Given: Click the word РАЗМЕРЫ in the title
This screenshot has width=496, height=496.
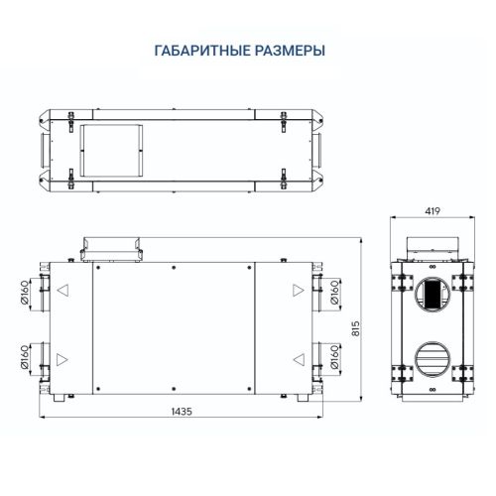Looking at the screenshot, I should coord(292,50).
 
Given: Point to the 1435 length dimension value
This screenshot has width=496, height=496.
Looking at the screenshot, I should coord(183,410).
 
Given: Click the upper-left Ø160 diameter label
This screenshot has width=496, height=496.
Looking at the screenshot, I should coord(25,294).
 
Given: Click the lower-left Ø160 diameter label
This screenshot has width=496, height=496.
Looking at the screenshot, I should coord(25,359).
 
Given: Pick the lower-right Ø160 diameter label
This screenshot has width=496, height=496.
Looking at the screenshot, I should coord(335,359).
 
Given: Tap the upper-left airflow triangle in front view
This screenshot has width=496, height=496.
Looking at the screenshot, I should coord(62,292).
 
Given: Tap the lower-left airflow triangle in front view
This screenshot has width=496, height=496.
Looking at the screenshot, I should coord(62,359).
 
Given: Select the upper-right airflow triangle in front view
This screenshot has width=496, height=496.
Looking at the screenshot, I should coord(298,292).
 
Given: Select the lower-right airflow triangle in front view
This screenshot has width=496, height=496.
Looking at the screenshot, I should coord(298,359).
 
